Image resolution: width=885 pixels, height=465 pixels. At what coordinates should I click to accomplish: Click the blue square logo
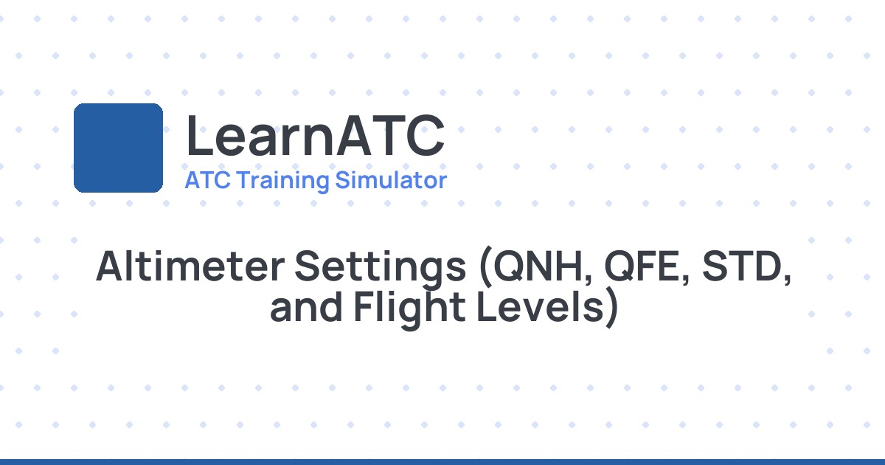pos(118,148)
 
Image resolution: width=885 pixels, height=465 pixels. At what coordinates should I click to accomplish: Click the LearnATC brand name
pos(315,137)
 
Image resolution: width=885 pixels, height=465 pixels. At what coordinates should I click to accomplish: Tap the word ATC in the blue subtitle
pos(203,180)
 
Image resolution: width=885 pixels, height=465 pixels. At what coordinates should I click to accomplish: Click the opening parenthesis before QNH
pos(485,269)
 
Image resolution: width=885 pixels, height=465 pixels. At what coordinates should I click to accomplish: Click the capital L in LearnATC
pos(198,137)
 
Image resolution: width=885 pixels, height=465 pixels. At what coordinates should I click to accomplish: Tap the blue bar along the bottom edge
pos(442,461)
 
